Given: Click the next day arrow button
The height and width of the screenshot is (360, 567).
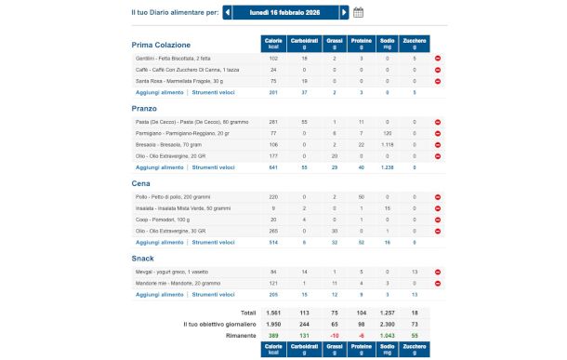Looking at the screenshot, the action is (x=345, y=13).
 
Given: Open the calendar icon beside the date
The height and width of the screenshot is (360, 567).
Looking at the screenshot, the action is (x=359, y=13).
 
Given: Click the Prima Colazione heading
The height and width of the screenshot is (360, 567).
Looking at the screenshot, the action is (x=161, y=45).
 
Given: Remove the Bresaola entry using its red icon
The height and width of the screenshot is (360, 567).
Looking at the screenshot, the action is (x=438, y=145).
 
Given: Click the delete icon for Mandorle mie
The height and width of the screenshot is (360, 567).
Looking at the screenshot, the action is (x=438, y=282).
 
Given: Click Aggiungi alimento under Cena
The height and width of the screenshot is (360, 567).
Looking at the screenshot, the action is (x=159, y=241).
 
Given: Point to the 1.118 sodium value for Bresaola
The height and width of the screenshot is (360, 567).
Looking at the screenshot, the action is (x=388, y=145).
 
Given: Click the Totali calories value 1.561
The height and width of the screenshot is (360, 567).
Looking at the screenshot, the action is (x=273, y=313).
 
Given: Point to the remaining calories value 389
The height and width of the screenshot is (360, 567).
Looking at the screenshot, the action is (x=273, y=333).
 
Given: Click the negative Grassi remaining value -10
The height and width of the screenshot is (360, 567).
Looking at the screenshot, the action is (x=334, y=333).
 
